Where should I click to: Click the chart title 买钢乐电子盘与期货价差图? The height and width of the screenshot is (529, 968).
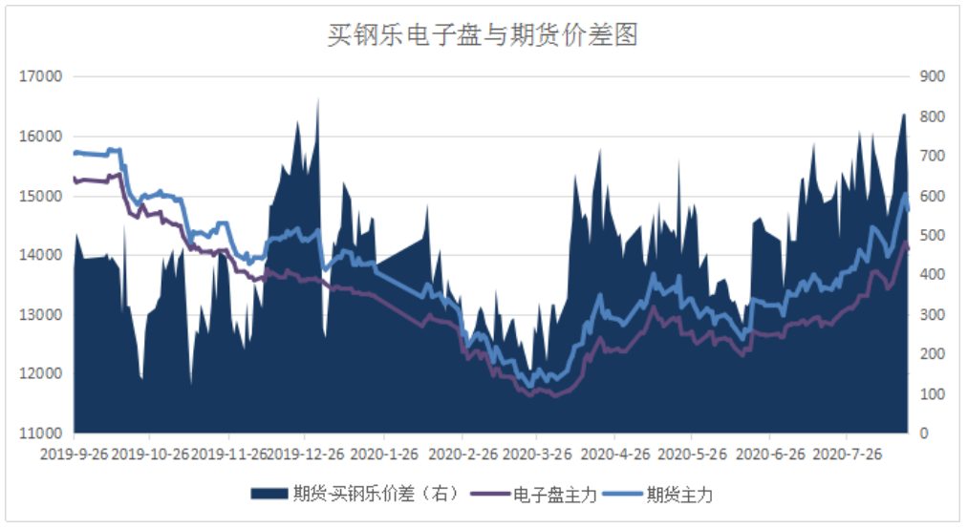pos(483,36)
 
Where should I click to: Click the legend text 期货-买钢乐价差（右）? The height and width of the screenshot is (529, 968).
pos(376,494)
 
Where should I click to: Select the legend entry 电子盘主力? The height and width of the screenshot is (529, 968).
pos(555,494)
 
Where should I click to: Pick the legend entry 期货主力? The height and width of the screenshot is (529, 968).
pos(679,494)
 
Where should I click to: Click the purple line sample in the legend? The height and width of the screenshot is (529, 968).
pos(492,494)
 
